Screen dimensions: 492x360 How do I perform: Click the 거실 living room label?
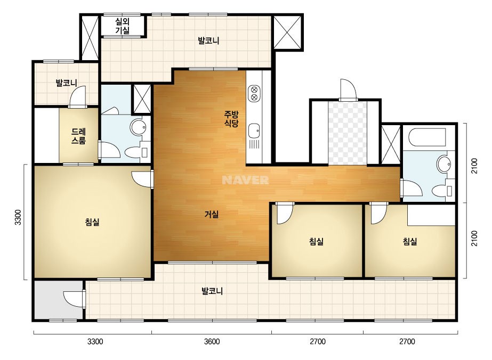tap(212, 215)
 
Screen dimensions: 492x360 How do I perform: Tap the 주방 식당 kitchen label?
tap(231, 119)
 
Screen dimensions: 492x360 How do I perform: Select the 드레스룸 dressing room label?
tap(78, 136)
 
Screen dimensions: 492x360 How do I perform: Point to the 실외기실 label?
tap(123, 26)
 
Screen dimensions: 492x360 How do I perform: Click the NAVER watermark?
tap(245, 180)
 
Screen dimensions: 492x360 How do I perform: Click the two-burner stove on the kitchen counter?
tap(254, 93)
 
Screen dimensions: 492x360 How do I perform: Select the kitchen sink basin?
tap(254, 130)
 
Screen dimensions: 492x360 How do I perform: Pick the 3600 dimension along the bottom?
tap(212, 341)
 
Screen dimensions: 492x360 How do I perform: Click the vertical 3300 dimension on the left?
tap(18, 217)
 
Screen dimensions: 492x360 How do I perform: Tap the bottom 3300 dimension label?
tap(95, 341)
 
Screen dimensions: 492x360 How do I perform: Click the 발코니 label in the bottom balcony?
tap(212, 291)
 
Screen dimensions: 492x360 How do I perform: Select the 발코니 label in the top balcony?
tap(208, 41)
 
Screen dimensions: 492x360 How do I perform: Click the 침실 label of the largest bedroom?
tap(92, 222)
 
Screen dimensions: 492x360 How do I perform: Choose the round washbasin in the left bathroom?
tap(138, 127)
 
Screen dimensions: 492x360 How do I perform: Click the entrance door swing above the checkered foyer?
tap(348, 89)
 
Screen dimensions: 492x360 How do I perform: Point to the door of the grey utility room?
tap(74, 299)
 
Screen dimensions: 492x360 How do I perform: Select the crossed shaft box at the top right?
tap(287, 32)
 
